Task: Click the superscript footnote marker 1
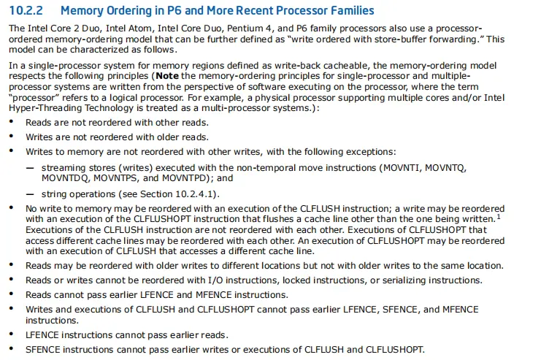(x=499, y=215)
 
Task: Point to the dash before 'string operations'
(x=30, y=194)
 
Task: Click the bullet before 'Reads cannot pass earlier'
(x=11, y=295)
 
